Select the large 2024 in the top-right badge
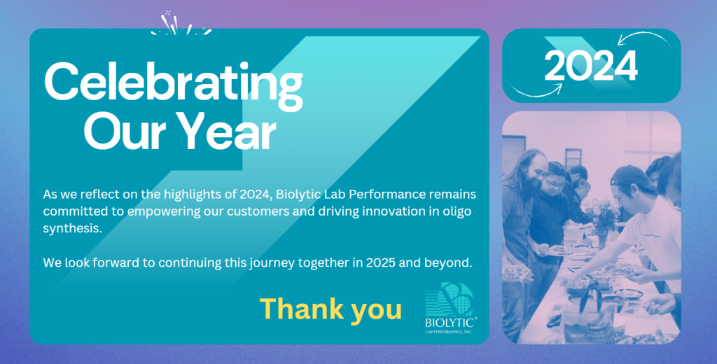click(x=591, y=65)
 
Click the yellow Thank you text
click(x=330, y=309)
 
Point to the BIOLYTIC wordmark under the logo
click(x=450, y=323)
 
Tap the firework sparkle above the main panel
click(x=181, y=24)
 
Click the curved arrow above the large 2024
click(x=644, y=36)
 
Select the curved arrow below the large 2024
click(x=536, y=93)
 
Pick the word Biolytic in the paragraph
click(x=295, y=195)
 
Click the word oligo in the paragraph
click(x=459, y=211)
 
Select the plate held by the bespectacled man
click(x=555, y=250)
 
